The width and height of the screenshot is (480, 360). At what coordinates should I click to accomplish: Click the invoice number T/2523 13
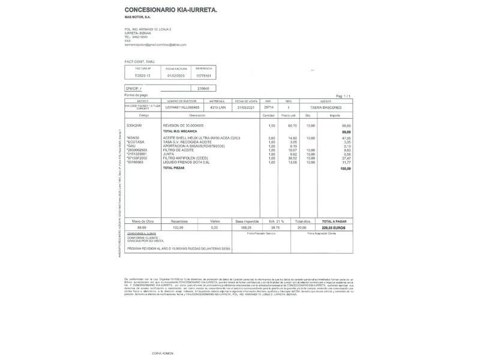click(x=142, y=76)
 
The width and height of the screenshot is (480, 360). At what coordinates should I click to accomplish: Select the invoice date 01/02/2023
click(x=177, y=76)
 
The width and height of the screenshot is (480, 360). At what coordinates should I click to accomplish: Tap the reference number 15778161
click(x=204, y=76)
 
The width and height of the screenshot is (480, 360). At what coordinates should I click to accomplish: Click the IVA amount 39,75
click(x=275, y=227)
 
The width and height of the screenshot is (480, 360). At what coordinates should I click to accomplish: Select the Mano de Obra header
click(x=142, y=221)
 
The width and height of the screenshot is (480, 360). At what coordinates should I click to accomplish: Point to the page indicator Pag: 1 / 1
click(x=343, y=96)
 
